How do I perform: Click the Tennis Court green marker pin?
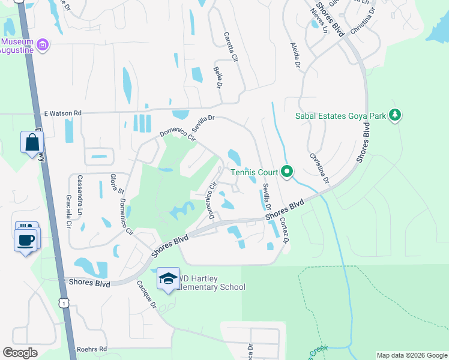(287, 173)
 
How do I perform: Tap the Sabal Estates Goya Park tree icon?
(394, 115)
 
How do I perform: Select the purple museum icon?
(43, 45)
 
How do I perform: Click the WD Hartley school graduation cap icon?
(168, 278)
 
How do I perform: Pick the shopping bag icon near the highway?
(32, 142)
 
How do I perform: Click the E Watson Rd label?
(62, 113)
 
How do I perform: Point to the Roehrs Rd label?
(91, 349)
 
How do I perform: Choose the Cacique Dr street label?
(146, 293)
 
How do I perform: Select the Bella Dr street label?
(217, 77)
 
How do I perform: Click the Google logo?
(20, 353)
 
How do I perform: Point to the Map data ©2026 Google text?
(411, 355)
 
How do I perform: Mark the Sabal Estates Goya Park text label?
(340, 116)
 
